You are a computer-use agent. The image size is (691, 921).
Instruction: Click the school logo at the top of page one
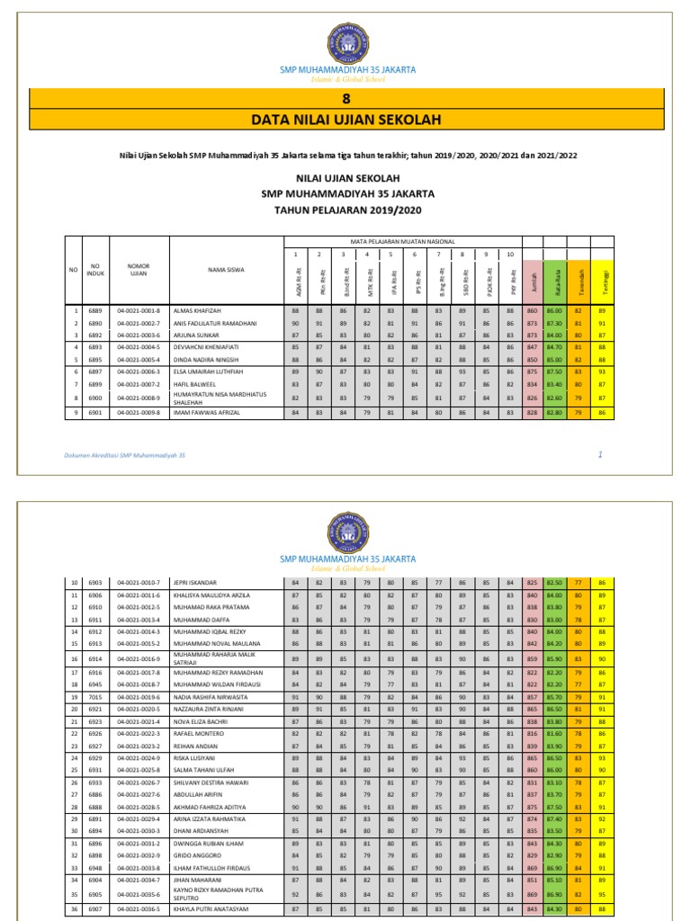click(x=345, y=41)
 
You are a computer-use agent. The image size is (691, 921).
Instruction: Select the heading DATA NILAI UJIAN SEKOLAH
click(x=345, y=121)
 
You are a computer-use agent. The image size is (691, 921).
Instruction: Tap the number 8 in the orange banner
click(x=345, y=99)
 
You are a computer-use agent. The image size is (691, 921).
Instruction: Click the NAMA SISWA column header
click(x=225, y=269)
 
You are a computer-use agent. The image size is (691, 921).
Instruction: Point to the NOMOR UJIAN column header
click(x=138, y=269)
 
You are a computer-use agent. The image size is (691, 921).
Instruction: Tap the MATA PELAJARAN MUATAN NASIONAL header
click(x=401, y=241)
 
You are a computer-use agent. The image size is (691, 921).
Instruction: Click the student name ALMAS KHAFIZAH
click(x=197, y=309)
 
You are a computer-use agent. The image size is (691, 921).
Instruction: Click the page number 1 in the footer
click(x=600, y=456)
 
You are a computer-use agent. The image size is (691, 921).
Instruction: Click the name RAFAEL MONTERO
click(x=198, y=734)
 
